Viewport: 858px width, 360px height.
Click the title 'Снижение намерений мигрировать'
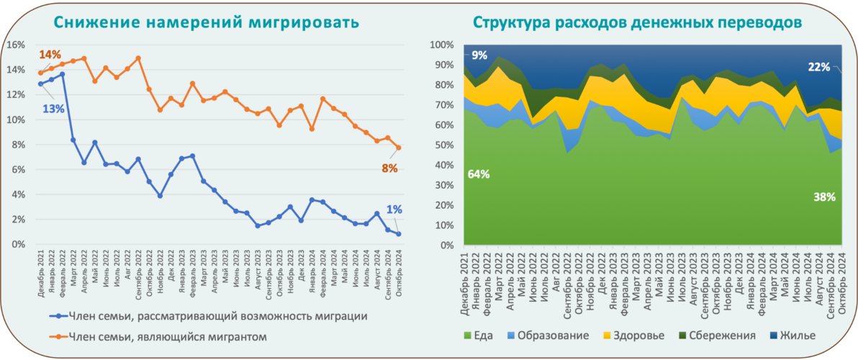coord(206,22)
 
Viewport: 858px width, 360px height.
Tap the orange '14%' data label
coord(50,55)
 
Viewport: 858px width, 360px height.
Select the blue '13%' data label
coord(54,109)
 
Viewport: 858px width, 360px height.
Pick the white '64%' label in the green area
coord(479,174)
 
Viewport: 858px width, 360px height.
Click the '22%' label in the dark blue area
coord(818,68)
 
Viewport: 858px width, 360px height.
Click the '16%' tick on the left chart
coord(16,45)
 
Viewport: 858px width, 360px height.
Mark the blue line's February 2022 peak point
coord(63,73)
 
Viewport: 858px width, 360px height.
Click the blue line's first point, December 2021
coord(40,84)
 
